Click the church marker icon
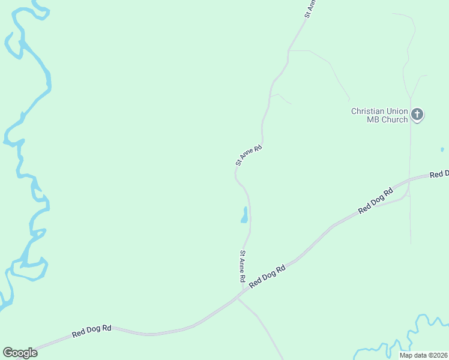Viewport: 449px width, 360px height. click(x=418, y=114)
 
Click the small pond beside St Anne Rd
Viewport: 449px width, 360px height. click(x=244, y=215)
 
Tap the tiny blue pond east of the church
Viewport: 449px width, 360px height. click(x=442, y=149)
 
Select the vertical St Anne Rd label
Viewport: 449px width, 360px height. click(x=243, y=266)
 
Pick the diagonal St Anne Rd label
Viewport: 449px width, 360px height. click(x=249, y=155)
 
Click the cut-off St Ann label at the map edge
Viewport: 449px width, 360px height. click(x=310, y=8)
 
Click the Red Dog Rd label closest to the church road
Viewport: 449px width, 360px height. click(x=375, y=200)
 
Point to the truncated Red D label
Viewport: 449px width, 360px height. click(x=439, y=174)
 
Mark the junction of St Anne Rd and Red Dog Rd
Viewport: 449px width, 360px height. click(x=242, y=292)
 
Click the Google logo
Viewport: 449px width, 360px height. click(x=20, y=353)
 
